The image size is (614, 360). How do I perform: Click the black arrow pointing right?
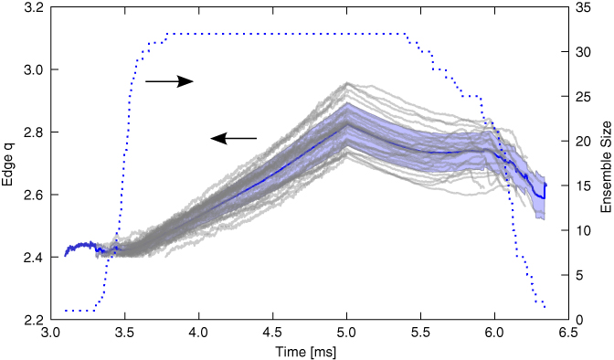pyautogui.click(x=170, y=81)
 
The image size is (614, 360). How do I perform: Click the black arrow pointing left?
pyautogui.click(x=233, y=138)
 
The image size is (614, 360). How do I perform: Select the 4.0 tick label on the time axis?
pyautogui.click(x=198, y=334)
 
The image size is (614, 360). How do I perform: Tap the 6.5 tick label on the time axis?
pyautogui.click(x=568, y=334)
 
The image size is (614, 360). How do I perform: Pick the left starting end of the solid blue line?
pyautogui.click(x=65, y=255)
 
